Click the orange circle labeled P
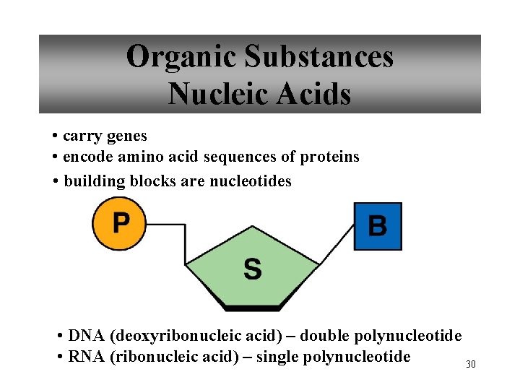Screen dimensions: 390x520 (x=119, y=224)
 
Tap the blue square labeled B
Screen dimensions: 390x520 (x=377, y=226)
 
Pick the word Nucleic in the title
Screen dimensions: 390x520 (x=214, y=94)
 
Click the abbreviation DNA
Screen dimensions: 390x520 (x=85, y=336)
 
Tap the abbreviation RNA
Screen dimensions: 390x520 (x=85, y=357)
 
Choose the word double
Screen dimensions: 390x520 (x=325, y=336)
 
